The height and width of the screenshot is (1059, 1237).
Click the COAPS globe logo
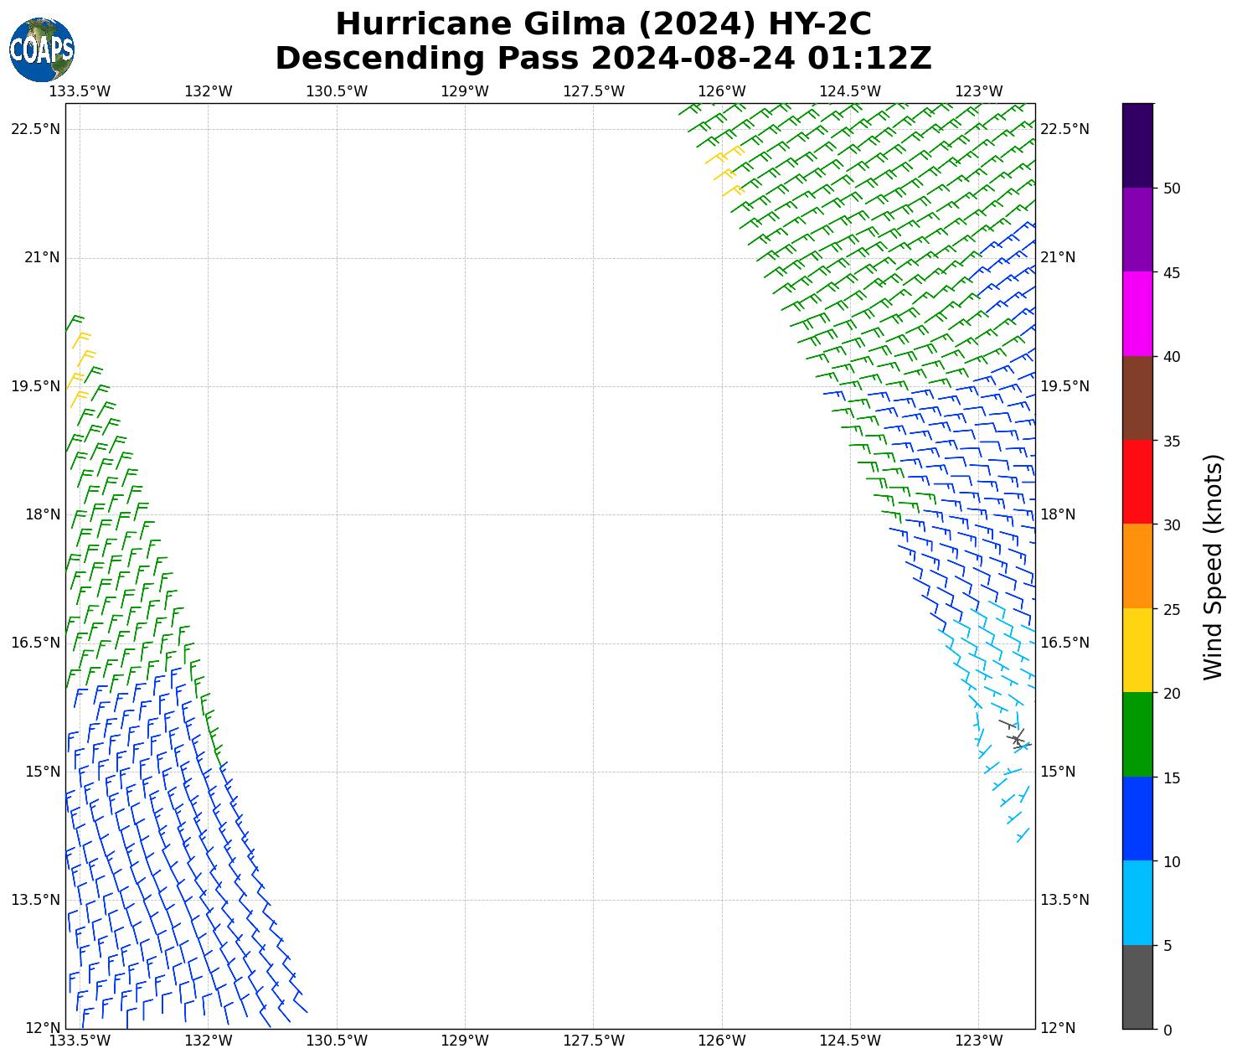tap(42, 49)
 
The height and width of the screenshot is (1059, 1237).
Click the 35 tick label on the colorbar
tap(1172, 442)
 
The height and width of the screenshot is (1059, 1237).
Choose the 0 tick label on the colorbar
tap(1167, 1030)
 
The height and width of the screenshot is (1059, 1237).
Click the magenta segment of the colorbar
tap(1137, 314)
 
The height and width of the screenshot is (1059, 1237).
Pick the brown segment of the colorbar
tap(1137, 398)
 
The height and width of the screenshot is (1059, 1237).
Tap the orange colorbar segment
tap(1137, 566)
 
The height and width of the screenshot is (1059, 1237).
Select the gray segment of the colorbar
tap(1137, 987)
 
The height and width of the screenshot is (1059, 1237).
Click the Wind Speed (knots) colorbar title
tap(1212, 566)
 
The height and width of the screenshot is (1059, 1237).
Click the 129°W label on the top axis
tap(465, 91)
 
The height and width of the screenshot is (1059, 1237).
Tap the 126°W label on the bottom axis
tap(722, 1041)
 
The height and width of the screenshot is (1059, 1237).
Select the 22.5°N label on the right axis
tap(1064, 129)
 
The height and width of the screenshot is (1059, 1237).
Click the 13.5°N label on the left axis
tap(36, 900)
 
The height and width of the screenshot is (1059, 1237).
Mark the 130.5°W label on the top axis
tap(337, 91)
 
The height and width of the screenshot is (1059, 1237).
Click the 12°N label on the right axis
tap(1058, 1028)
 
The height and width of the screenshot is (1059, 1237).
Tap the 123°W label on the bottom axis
tap(979, 1041)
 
